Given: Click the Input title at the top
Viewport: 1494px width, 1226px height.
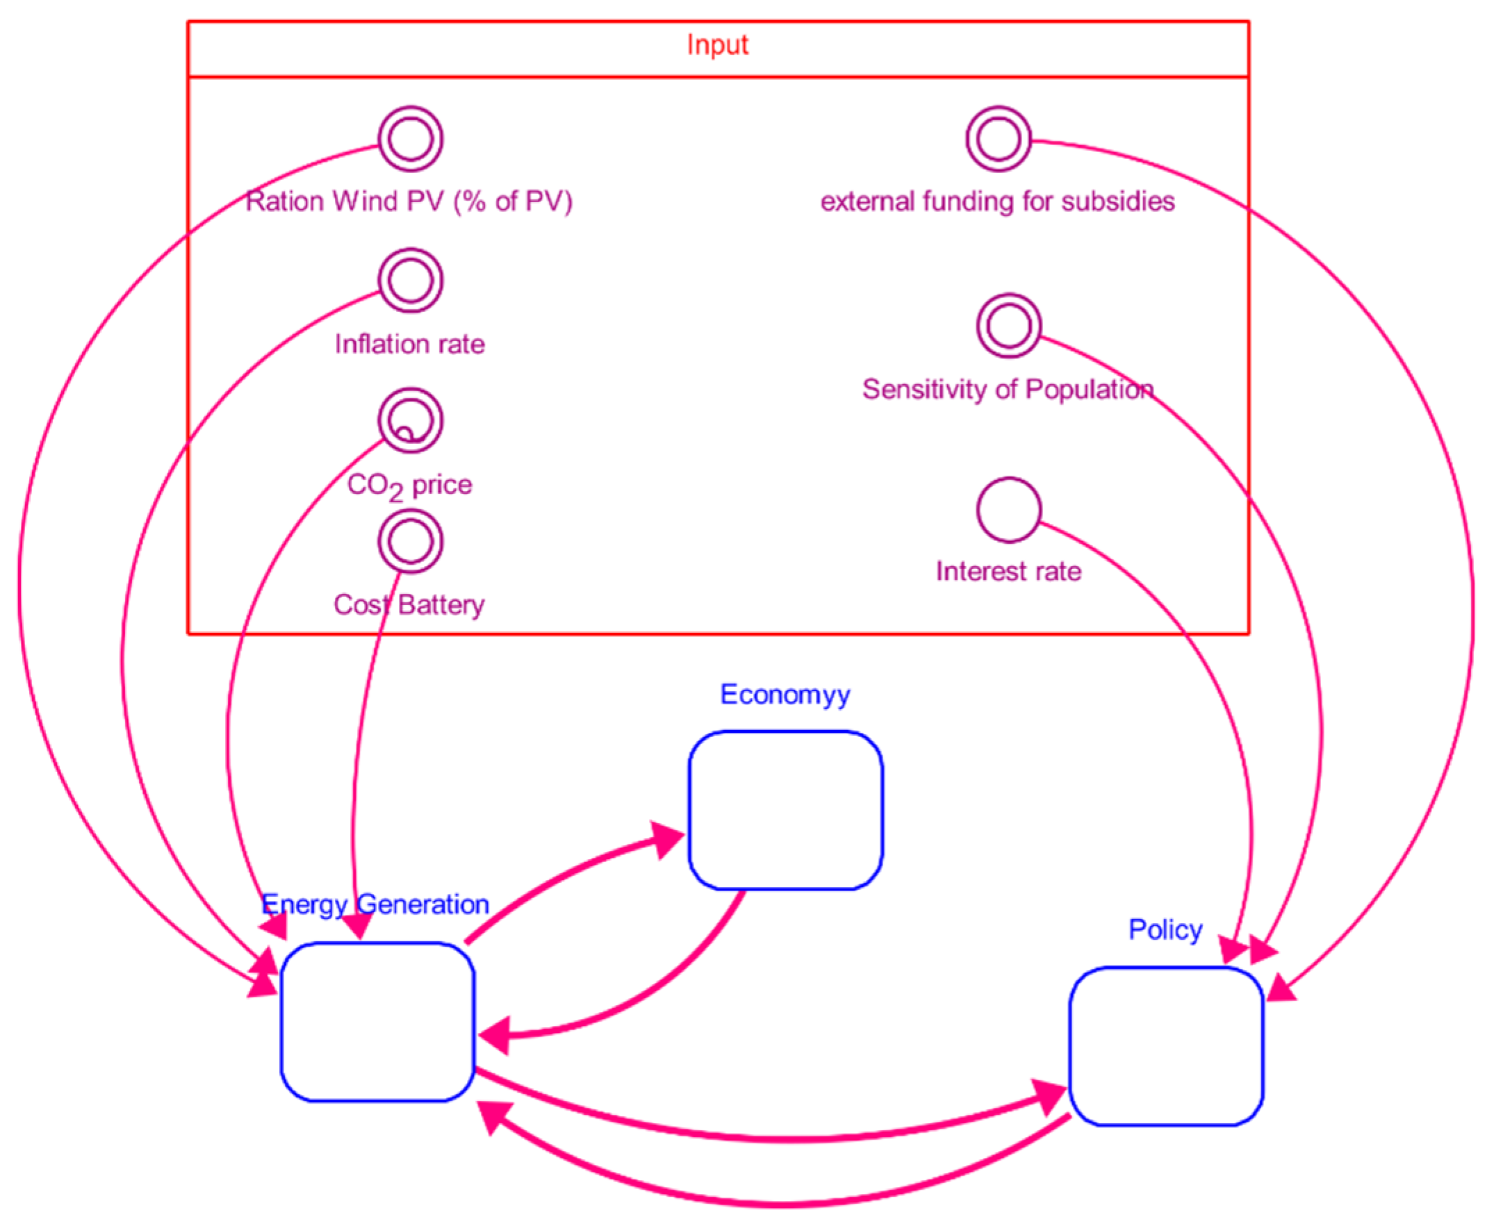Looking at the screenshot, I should point(717,45).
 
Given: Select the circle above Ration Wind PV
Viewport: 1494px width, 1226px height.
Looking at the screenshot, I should point(411,139).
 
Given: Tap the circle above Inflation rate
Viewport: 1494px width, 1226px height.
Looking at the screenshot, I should point(411,281).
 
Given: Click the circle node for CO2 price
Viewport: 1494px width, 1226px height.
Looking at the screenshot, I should point(411,420).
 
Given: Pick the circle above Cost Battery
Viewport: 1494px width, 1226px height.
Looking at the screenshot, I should point(411,542).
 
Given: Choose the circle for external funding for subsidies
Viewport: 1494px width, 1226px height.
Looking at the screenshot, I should point(998,139).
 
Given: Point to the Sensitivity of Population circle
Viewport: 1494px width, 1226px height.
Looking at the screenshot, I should point(1009,326).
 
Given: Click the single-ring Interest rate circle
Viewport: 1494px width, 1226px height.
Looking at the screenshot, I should point(1009,510).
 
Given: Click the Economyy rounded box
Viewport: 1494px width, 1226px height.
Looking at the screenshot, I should point(785,809).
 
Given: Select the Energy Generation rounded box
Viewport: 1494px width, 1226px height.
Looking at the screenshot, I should point(377,1021).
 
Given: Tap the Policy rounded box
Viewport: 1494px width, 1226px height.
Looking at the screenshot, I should point(1166,1046).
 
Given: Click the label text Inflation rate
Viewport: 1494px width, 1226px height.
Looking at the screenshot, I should point(410,345).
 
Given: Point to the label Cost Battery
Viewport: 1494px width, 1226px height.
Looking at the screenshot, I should point(409,605).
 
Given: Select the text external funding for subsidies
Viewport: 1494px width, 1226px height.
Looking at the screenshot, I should point(997,202).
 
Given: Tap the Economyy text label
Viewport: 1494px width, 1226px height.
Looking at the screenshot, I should point(785,694).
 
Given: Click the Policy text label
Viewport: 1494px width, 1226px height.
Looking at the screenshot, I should point(1165,929).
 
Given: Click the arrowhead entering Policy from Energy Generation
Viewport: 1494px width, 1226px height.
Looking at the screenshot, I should point(1050,1097).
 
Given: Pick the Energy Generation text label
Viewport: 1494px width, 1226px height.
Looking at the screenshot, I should point(375,904).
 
